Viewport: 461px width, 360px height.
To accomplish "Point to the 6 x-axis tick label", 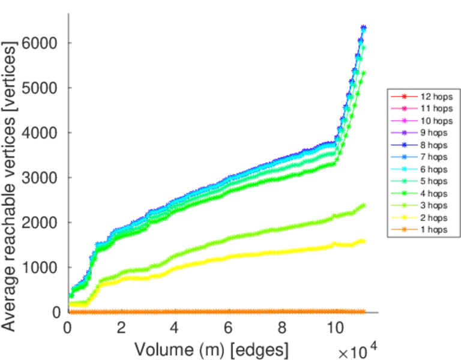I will click(x=228, y=328).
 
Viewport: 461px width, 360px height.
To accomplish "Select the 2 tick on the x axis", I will click(x=121, y=328).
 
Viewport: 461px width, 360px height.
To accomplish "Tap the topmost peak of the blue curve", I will click(x=363, y=28).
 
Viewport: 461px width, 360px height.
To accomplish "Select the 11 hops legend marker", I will click(x=404, y=108).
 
